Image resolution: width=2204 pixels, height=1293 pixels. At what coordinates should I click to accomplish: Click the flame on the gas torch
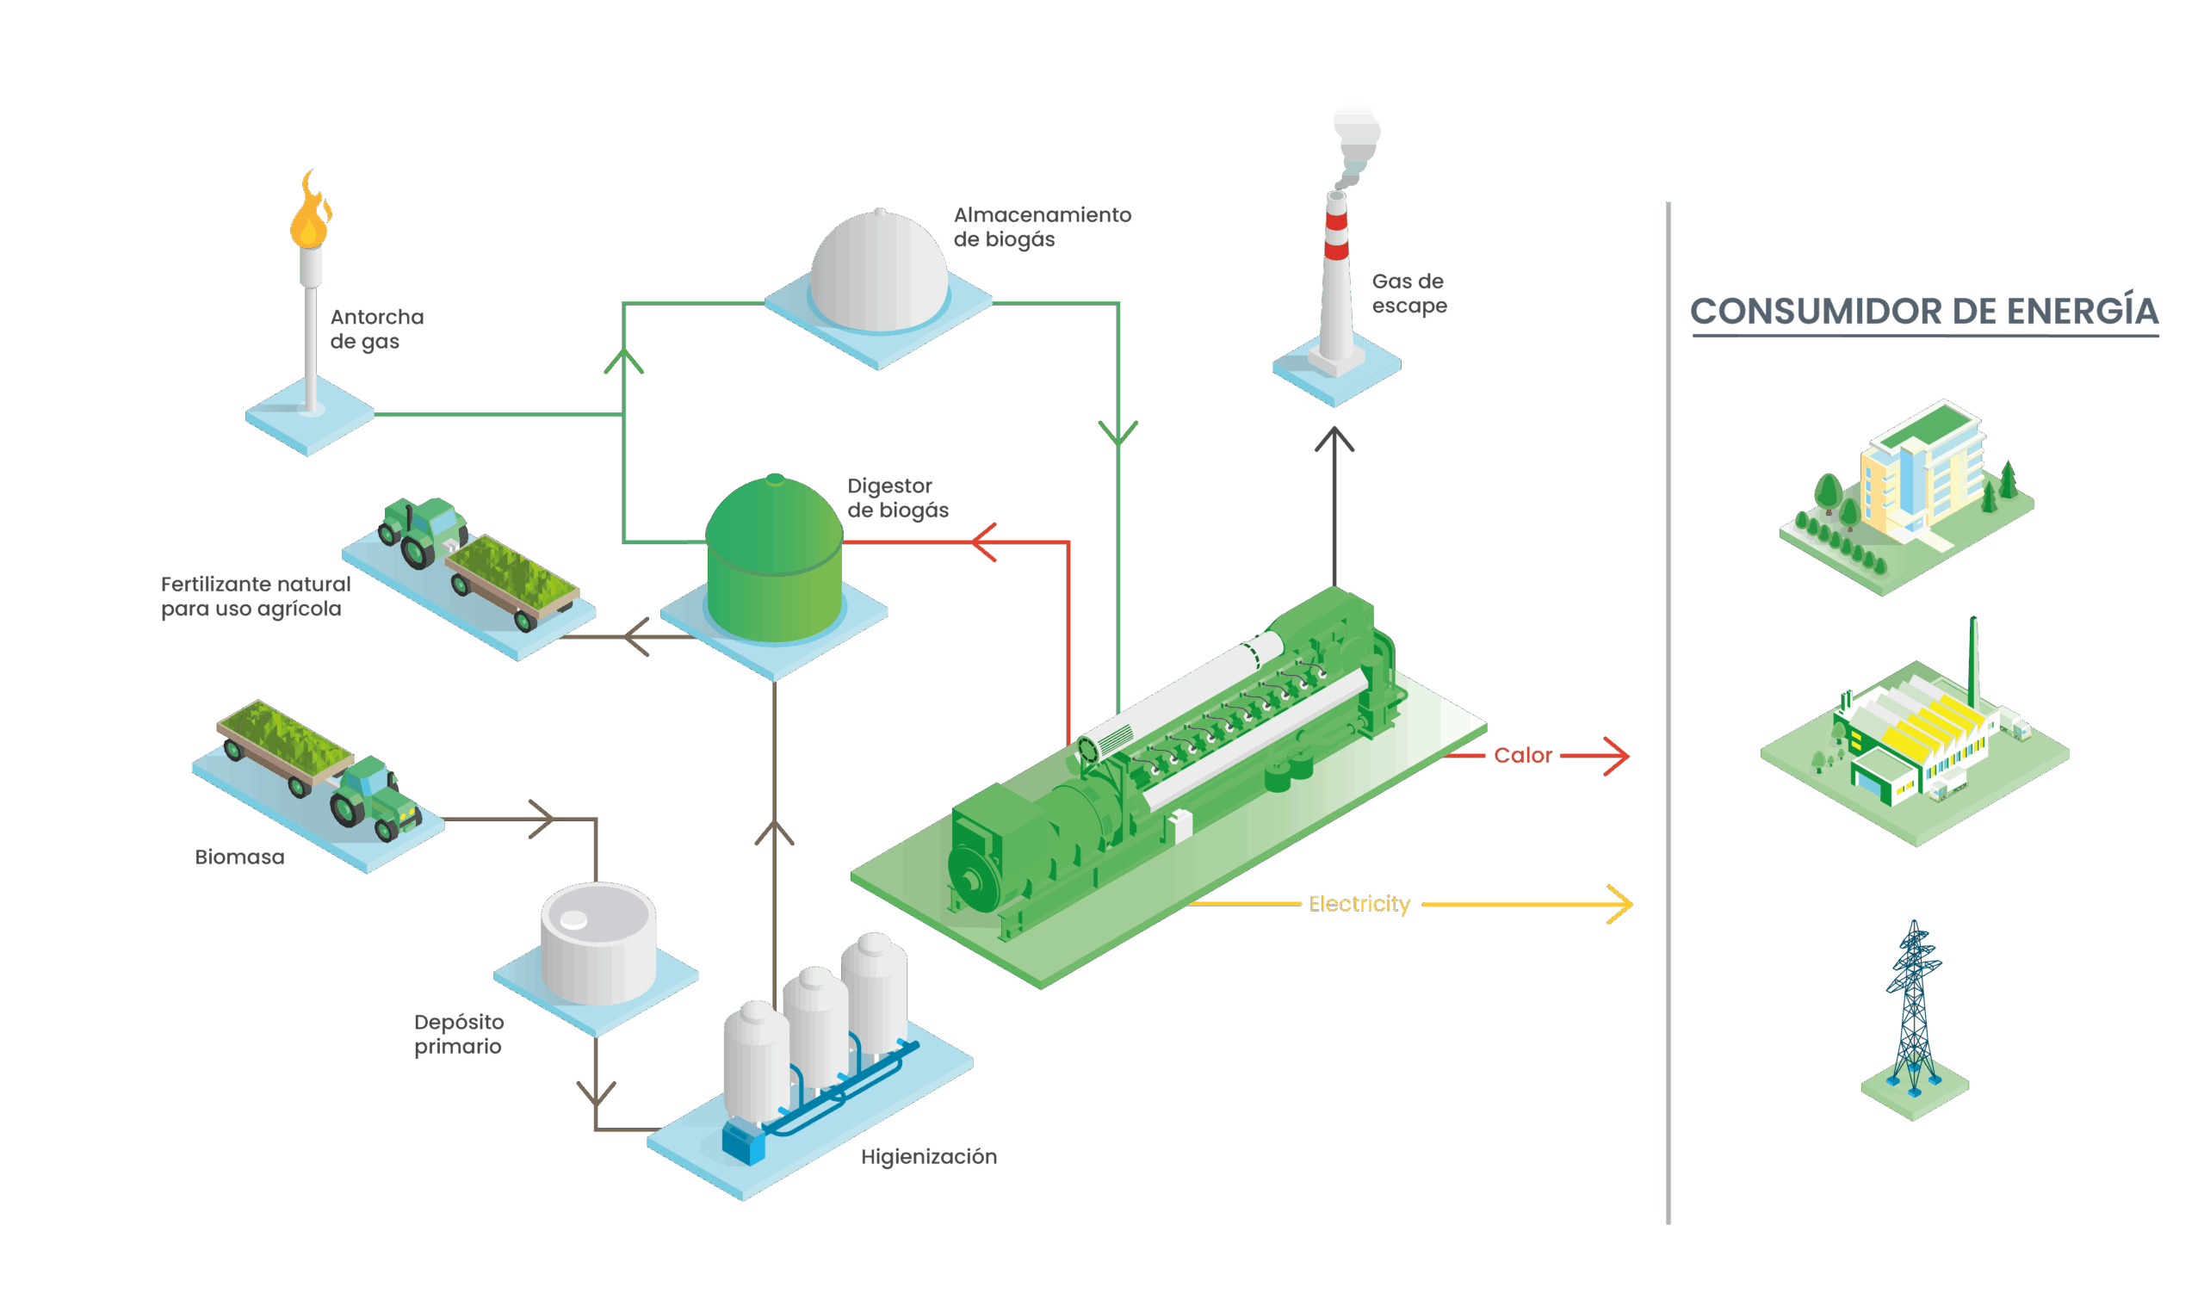coord(311,214)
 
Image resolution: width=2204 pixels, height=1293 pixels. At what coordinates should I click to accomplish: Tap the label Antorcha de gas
coord(376,330)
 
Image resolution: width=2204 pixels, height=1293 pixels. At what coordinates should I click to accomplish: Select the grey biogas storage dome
coord(879,271)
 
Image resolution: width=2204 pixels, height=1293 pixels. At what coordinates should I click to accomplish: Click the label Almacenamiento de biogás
coord(1041,227)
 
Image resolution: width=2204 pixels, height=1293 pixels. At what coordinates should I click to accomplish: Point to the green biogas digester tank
coord(774,560)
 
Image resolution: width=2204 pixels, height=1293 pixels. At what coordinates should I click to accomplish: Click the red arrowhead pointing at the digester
coord(984,543)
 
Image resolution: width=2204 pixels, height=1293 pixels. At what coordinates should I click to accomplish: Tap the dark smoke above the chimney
coord(1356,139)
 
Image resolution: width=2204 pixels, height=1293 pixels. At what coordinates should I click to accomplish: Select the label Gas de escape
coord(1408,294)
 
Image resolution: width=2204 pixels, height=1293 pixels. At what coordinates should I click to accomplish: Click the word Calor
coord(1523,756)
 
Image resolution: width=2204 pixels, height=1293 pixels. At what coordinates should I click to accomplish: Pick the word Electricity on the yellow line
coord(1359,905)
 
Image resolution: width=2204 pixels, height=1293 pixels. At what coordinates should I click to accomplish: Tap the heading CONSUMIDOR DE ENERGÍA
coord(1923,312)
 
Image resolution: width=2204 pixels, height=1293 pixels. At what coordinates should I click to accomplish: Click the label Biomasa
coord(238,857)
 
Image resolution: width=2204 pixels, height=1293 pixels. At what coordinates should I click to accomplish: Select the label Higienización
coord(928,1158)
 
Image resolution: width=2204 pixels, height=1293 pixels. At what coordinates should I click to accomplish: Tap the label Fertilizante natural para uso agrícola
coord(255,597)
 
